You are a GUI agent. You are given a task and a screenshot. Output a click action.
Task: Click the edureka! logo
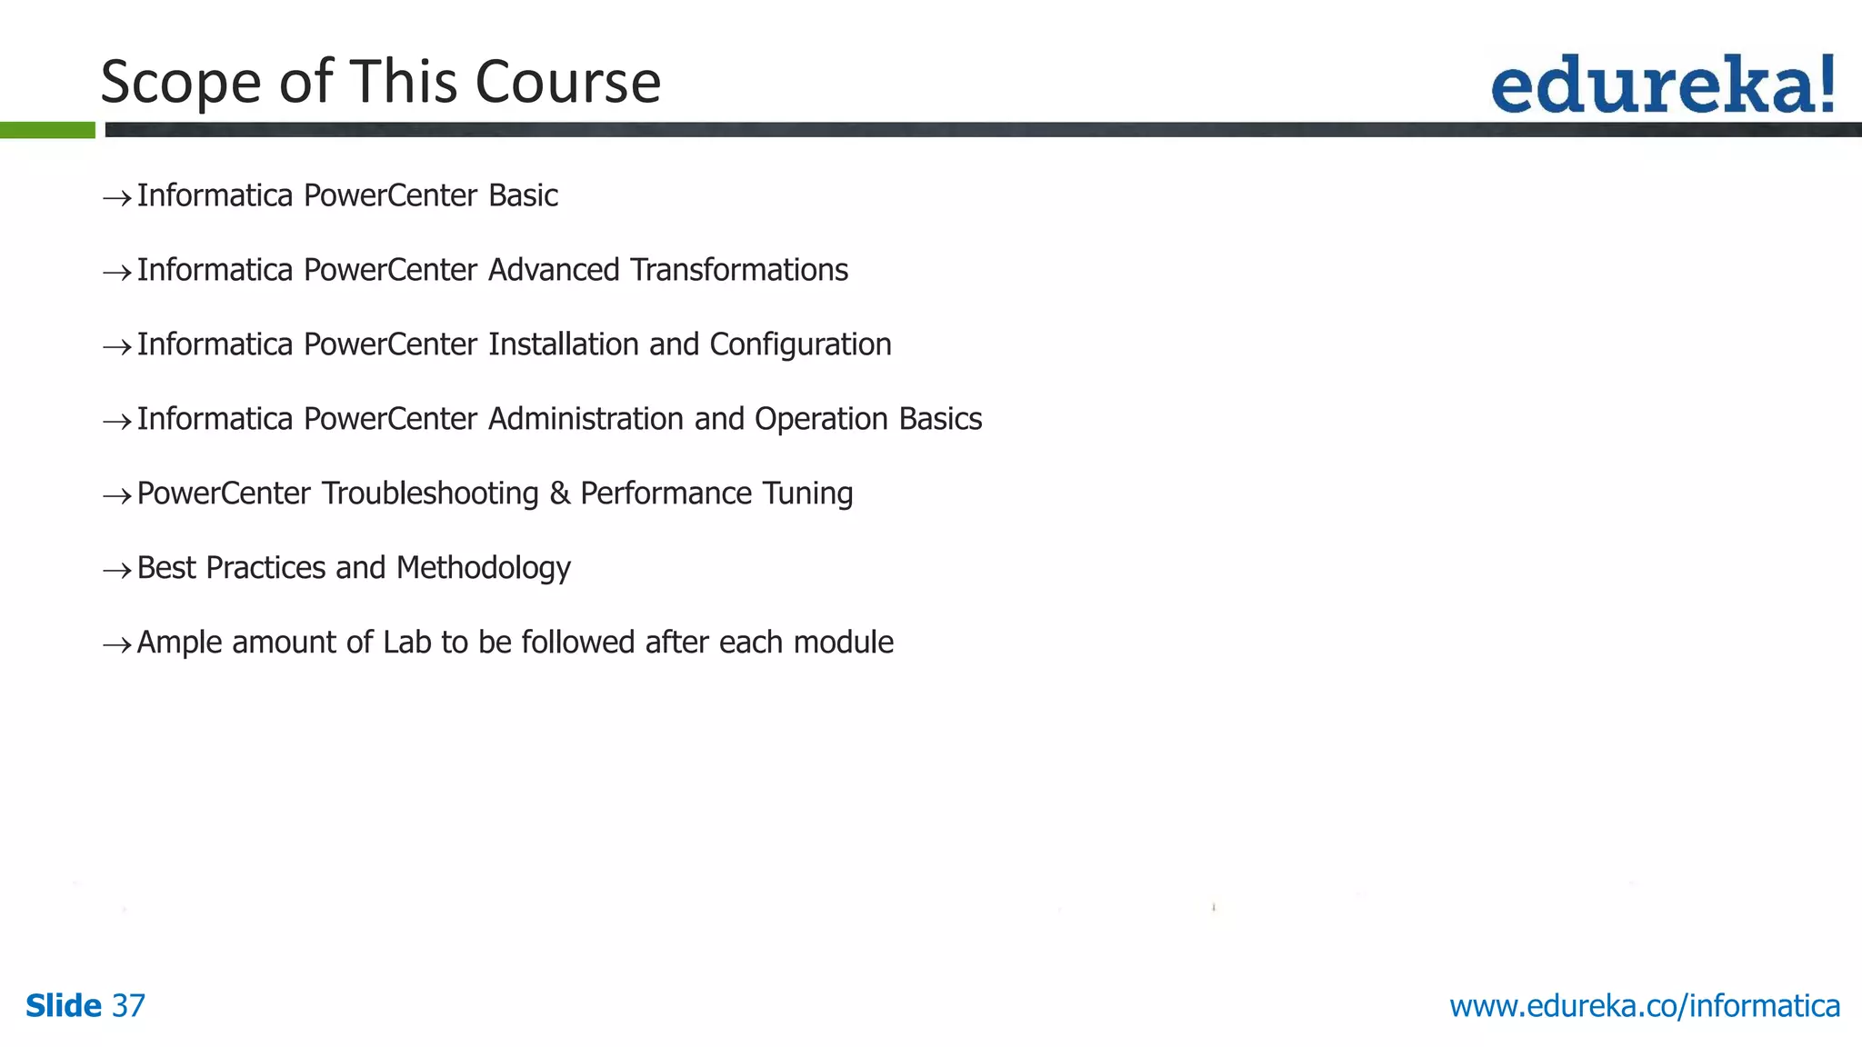[x=1663, y=85]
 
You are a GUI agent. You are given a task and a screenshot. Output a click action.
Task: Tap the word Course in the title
[x=567, y=82]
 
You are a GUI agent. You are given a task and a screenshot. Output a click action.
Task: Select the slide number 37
[x=128, y=1006]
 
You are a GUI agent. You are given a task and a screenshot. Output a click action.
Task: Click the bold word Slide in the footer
[x=64, y=1006]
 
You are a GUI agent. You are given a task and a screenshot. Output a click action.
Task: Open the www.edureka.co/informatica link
[x=1644, y=1006]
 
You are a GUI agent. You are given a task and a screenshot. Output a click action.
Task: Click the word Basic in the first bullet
[x=523, y=195]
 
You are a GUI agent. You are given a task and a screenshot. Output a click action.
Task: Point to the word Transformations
[x=738, y=270]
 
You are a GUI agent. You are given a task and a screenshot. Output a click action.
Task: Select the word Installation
[x=564, y=344]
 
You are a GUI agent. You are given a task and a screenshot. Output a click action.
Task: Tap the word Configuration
[x=800, y=345]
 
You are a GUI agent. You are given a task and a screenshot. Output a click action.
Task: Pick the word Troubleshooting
[x=430, y=494]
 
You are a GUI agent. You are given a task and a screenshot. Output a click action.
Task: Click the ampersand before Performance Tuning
[x=559, y=494]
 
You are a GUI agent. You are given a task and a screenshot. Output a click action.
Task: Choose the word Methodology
[x=484, y=569]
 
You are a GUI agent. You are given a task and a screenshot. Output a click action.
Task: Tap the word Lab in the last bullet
[x=406, y=643]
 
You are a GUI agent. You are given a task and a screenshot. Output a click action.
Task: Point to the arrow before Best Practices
[x=116, y=571]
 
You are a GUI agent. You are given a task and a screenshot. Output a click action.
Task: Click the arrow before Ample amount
[x=116, y=645]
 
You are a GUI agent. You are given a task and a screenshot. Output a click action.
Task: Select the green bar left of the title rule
[x=47, y=130]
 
